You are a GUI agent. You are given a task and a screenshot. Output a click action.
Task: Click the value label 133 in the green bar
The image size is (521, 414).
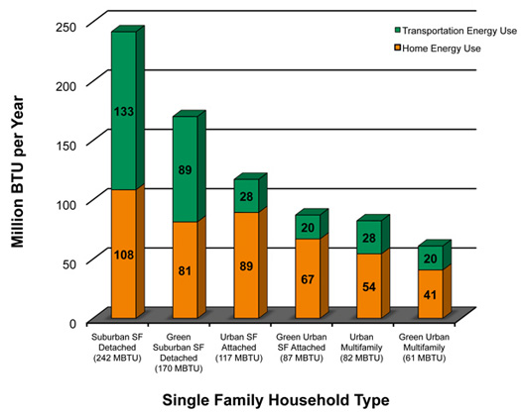123,111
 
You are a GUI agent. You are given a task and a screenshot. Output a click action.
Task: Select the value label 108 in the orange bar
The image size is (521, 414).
123,254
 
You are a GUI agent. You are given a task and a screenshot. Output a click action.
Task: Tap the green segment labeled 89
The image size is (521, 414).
185,169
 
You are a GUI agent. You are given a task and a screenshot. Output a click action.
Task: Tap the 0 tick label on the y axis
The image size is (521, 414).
70,322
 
